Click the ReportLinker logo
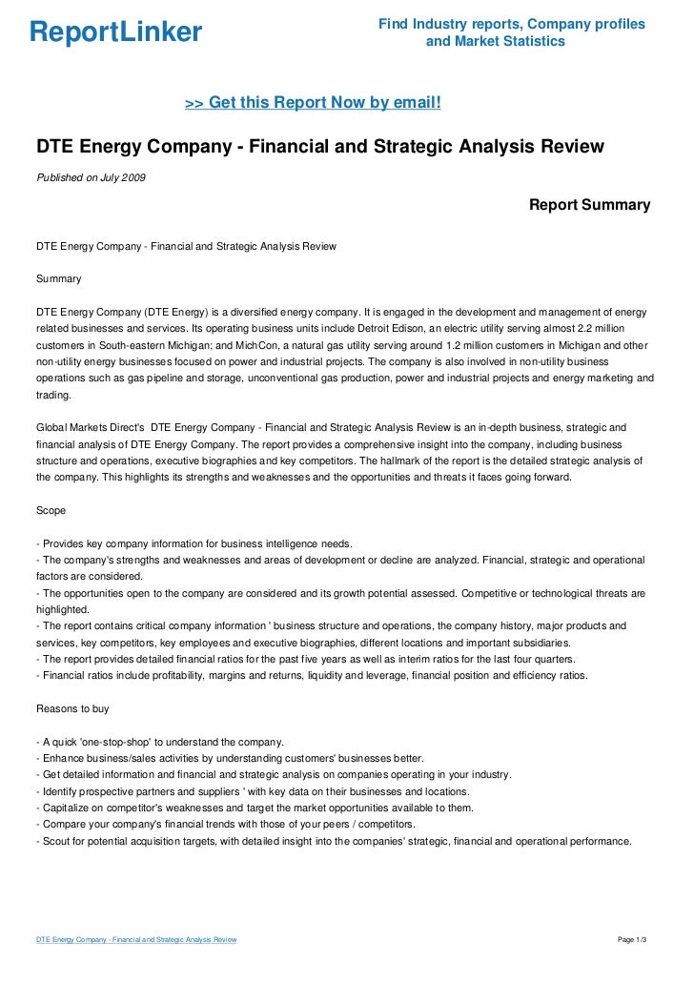116,33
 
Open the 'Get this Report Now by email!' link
313,101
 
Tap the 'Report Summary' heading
589,205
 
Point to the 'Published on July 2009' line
91,177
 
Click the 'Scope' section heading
51,509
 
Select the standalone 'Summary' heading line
58,279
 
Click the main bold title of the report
320,147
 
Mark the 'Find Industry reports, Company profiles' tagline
512,24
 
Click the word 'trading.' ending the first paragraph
53,395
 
